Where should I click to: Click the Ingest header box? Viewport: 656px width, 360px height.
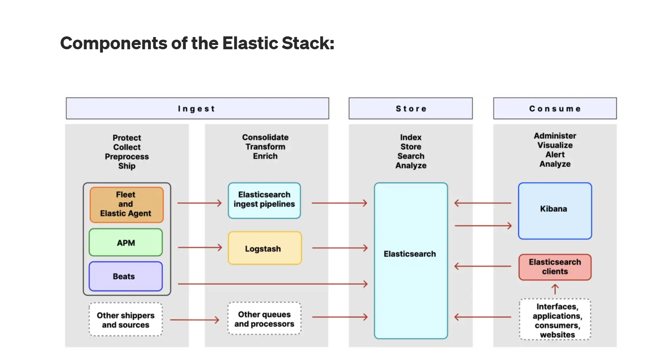click(197, 108)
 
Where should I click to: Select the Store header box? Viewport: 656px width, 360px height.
click(410, 108)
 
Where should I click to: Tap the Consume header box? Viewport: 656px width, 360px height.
click(555, 108)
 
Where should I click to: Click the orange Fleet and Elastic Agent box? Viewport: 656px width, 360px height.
click(126, 204)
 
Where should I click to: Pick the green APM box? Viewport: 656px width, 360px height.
click(126, 243)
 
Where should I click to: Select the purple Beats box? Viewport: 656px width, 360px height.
click(126, 276)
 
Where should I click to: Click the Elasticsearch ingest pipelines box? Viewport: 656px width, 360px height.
click(264, 200)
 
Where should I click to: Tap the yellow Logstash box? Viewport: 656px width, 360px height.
click(264, 248)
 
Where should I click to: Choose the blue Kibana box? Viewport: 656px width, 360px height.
click(555, 211)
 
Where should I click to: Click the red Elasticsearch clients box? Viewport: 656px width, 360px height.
click(555, 267)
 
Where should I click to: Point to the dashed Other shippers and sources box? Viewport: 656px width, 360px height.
click(126, 320)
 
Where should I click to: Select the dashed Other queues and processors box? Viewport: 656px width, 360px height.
click(264, 319)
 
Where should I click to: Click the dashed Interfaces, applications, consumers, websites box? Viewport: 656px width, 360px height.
click(555, 320)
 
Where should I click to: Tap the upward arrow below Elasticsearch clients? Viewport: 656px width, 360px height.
click(555, 289)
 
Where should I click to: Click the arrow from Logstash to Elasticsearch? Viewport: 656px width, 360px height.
click(339, 248)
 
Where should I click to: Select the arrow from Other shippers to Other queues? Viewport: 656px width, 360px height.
click(194, 320)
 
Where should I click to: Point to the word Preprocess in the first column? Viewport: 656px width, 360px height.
click(127, 156)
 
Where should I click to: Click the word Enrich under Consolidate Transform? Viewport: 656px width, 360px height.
click(265, 156)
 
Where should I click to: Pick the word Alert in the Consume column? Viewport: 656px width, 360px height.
click(555, 154)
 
